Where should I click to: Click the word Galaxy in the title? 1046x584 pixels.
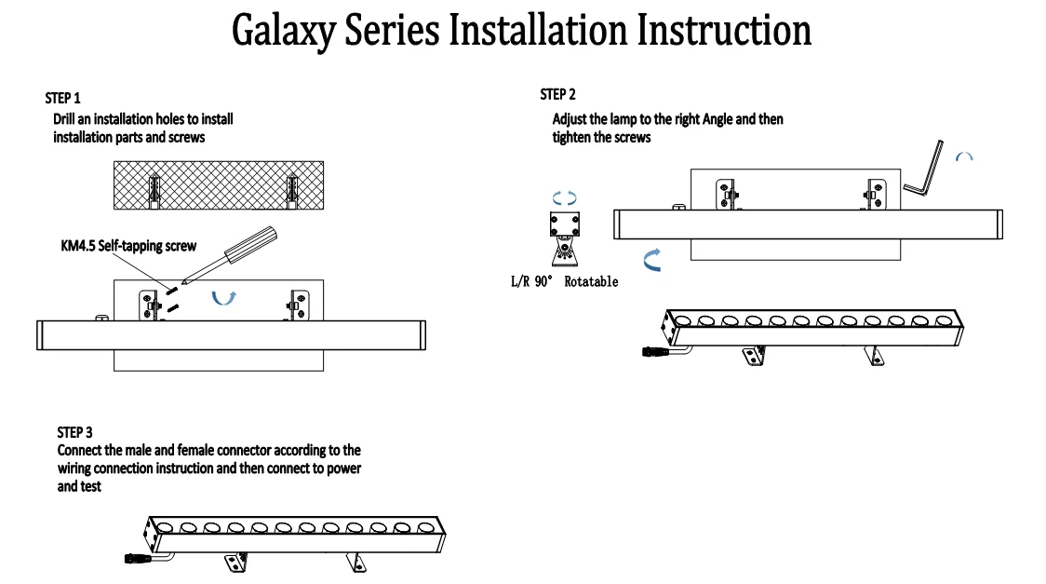pos(283,32)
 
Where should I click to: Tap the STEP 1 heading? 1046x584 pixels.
pos(62,98)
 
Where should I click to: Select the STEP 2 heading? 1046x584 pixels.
pos(557,94)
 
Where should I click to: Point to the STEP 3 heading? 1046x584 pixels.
pos(74,432)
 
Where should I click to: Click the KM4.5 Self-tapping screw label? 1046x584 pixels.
pos(128,246)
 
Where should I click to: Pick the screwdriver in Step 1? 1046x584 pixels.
pos(230,255)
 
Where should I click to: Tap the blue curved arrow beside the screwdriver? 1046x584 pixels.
pos(223,299)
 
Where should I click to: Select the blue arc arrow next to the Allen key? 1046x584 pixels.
pos(964,156)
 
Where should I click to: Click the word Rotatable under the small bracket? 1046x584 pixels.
pos(591,281)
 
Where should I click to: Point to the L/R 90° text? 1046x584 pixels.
pos(531,281)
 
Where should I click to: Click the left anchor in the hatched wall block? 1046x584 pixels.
pos(154,190)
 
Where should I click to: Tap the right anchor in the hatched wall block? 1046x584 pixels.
pos(291,190)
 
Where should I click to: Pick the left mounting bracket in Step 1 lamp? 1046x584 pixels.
pos(150,305)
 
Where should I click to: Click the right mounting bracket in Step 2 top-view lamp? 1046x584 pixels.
pos(875,195)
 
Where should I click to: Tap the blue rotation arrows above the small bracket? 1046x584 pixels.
pos(564,197)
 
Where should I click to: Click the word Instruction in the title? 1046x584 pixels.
pos(724,30)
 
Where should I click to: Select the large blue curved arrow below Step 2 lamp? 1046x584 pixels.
pos(650,260)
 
